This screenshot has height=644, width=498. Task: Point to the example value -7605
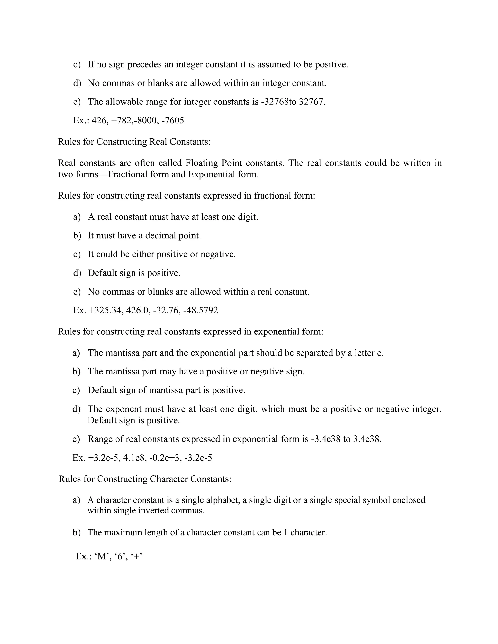tap(173, 120)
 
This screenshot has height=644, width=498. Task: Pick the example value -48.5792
tap(200, 310)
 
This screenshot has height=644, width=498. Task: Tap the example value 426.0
tap(137, 310)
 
